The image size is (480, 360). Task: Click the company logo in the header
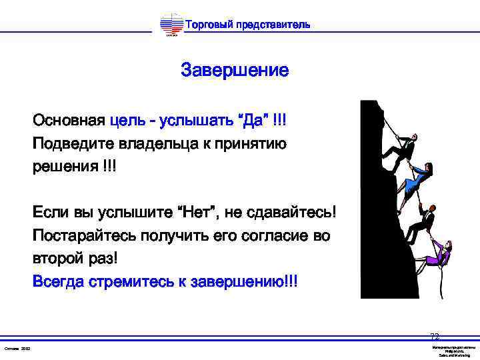(172, 26)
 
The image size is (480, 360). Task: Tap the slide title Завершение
(235, 71)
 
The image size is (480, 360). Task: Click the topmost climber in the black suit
(402, 147)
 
